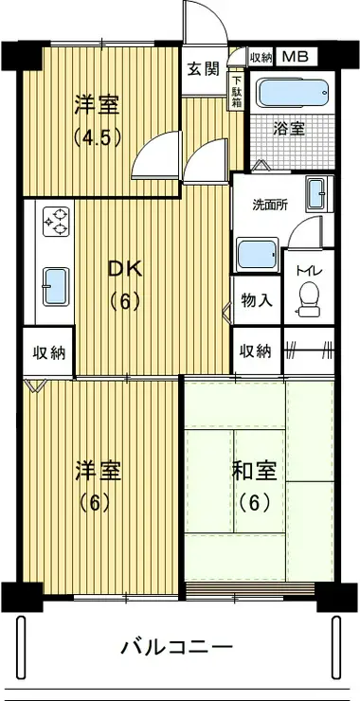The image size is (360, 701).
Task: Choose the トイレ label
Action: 308,272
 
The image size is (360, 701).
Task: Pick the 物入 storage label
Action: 257,300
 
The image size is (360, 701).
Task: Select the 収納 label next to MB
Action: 261,56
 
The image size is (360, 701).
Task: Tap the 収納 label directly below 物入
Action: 256,350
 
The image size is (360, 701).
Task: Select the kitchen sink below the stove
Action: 55,282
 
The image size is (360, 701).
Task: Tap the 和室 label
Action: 253,470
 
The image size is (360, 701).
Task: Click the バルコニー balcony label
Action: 176,648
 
